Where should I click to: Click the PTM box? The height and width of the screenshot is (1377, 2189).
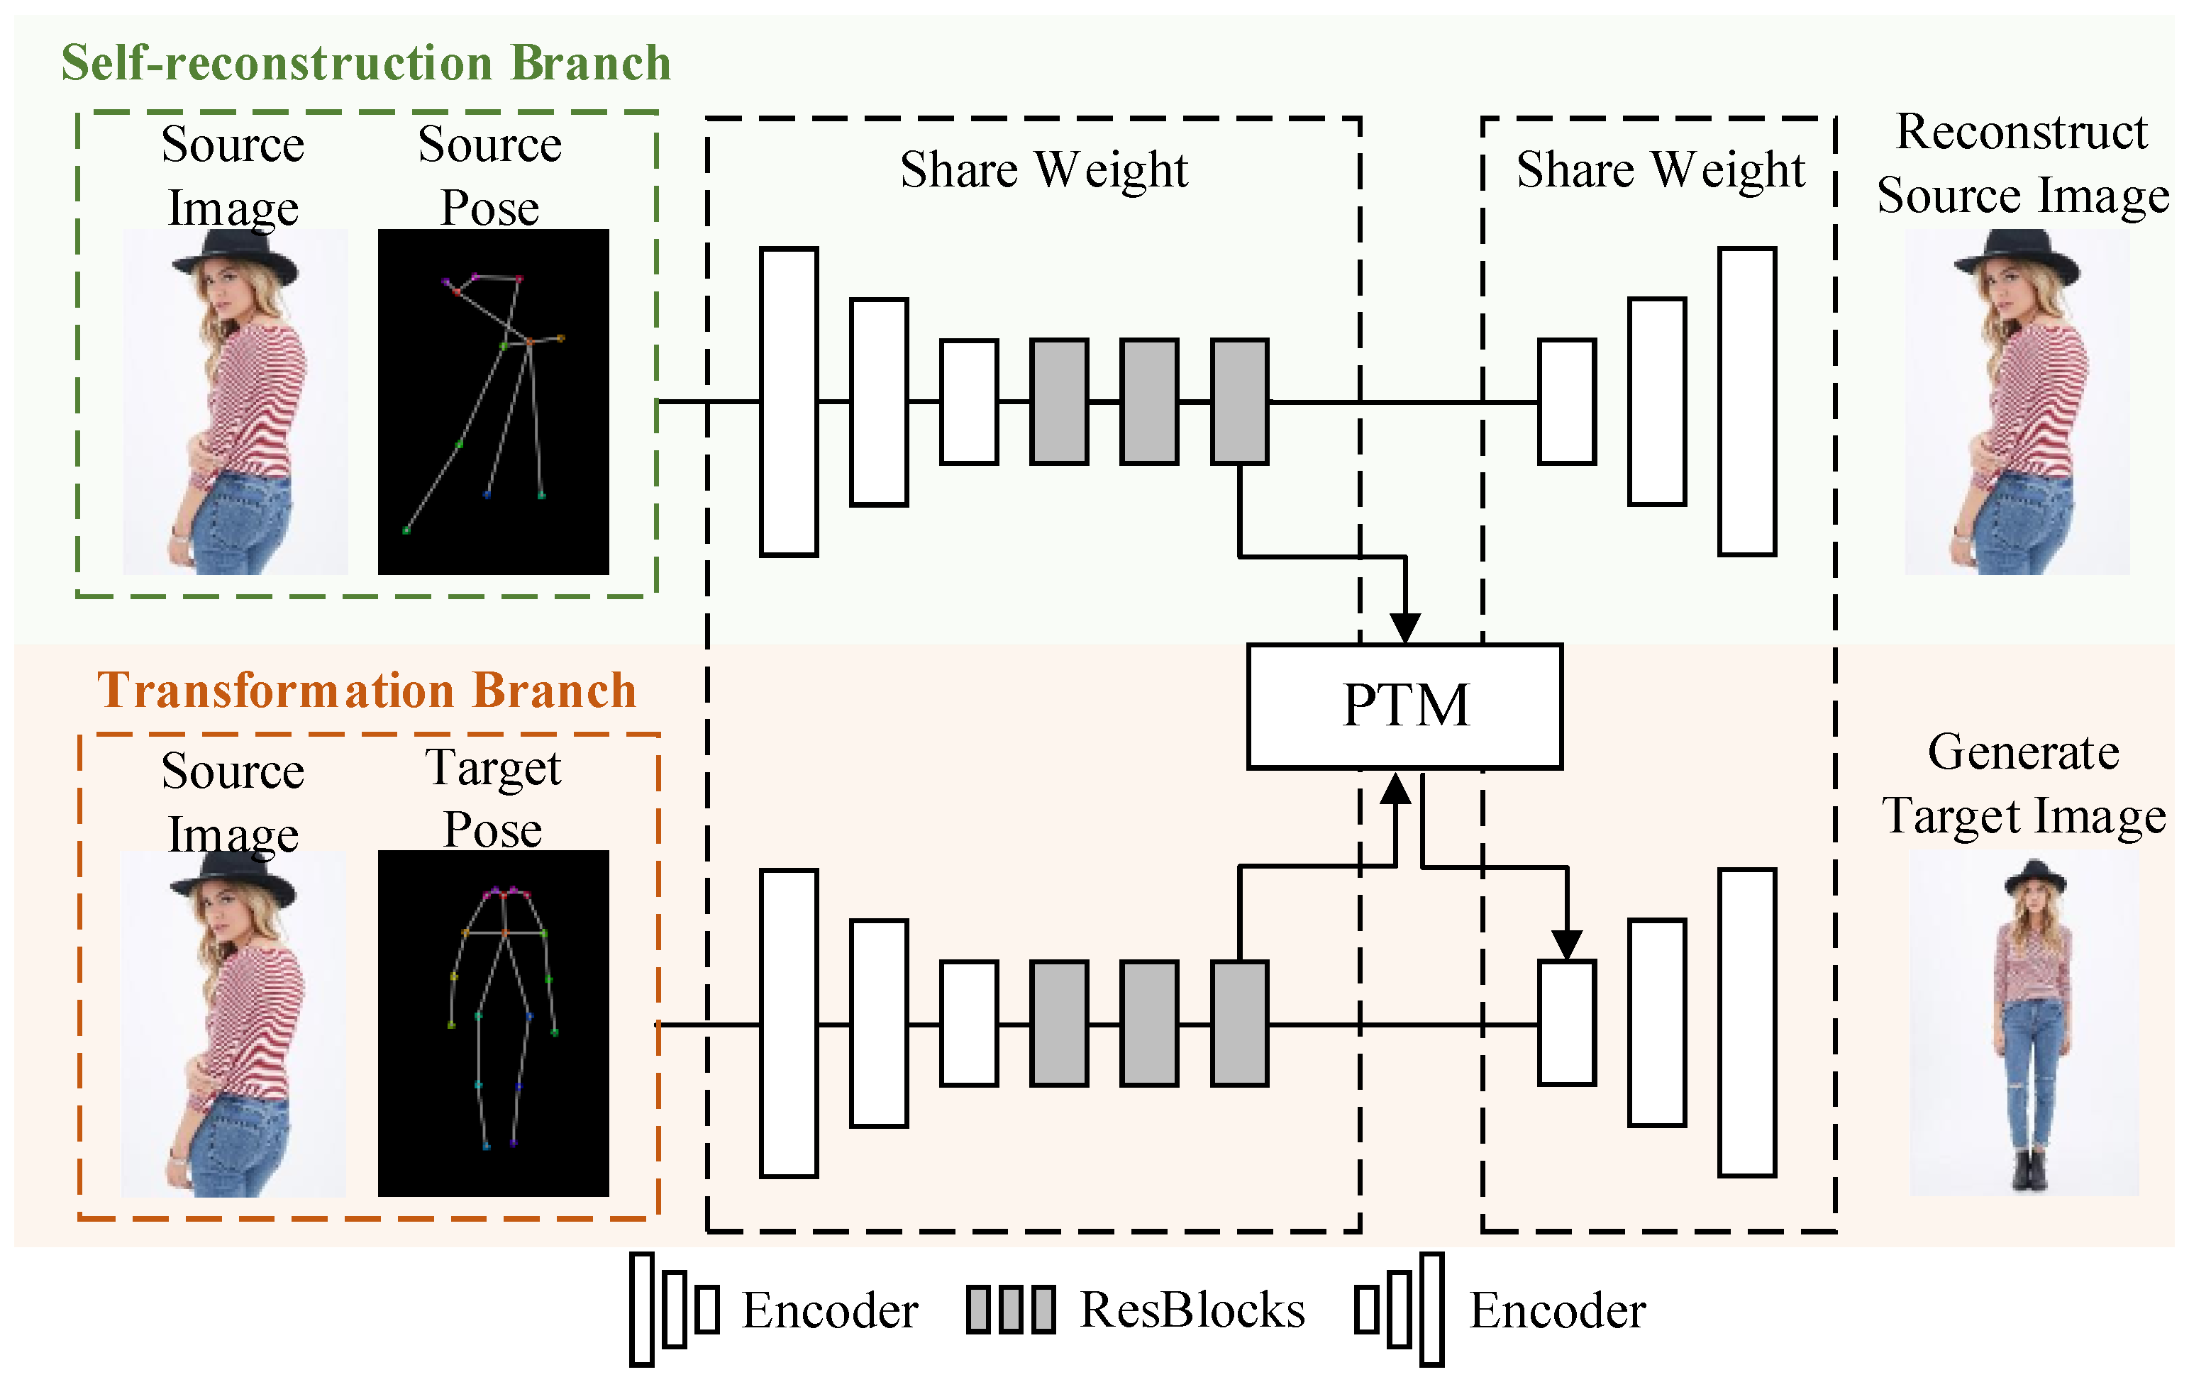tap(1404, 706)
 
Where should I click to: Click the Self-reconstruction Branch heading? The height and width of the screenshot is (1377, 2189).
tap(365, 64)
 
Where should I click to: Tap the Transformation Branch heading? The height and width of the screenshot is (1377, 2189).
tap(366, 690)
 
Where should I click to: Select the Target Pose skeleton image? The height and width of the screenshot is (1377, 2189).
tap(493, 1022)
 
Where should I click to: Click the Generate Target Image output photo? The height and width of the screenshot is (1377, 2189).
tap(2024, 1022)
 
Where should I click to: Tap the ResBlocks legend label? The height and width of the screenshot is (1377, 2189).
tap(1192, 1310)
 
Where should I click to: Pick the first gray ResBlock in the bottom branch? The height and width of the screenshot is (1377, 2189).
tap(1059, 1022)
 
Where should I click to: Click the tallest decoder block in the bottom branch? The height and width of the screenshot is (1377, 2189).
tap(1746, 1022)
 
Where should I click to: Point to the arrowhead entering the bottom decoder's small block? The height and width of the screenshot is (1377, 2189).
tap(1566, 944)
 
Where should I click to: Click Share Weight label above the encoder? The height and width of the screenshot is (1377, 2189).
tap(1043, 170)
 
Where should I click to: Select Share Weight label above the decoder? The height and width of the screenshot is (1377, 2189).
tap(1660, 170)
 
